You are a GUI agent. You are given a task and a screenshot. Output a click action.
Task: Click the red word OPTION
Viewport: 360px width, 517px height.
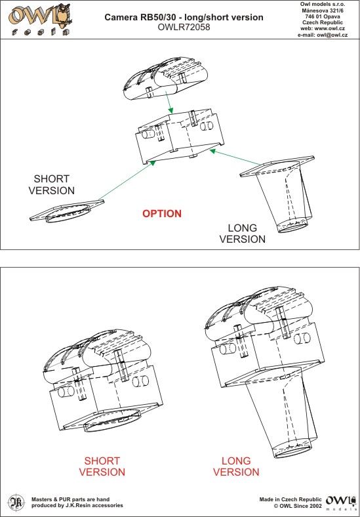pos(162,214)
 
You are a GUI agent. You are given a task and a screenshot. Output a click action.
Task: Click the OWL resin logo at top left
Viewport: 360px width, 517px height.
pos(40,20)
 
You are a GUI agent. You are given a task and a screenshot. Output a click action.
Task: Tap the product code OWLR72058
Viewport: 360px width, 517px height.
pos(184,28)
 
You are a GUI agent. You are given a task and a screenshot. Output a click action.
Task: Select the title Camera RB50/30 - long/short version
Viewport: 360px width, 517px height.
pos(184,18)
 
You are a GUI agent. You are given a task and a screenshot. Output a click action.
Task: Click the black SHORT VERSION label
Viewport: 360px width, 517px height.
pos(52,184)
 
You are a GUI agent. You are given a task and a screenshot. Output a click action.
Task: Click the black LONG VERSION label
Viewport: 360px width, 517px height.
pos(243,234)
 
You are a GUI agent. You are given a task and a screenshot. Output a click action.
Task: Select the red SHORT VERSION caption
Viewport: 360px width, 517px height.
pos(102,466)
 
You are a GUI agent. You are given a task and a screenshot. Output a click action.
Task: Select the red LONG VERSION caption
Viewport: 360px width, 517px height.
pos(236,466)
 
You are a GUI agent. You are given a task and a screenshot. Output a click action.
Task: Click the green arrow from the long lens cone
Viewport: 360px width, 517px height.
pos(235,157)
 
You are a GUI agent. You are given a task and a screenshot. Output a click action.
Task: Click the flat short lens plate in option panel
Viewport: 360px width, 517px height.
pos(67,211)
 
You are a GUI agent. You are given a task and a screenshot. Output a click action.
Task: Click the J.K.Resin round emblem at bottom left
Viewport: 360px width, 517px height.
pos(14,502)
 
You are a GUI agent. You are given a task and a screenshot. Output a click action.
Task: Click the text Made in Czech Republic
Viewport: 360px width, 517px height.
pos(290,499)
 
